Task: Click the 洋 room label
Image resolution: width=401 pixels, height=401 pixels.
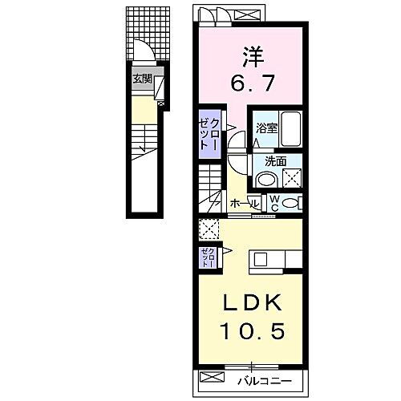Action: pyautogui.click(x=251, y=55)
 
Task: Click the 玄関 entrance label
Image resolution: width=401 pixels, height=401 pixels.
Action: pyautogui.click(x=142, y=79)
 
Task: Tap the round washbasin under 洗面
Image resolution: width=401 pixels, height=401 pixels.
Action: pyautogui.click(x=268, y=179)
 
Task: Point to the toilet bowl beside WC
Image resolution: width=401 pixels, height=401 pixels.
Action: pyautogui.click(x=290, y=202)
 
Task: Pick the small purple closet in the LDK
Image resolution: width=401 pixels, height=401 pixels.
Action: pyautogui.click(x=207, y=257)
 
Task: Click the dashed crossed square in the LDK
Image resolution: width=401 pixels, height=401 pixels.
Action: pyautogui.click(x=210, y=229)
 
